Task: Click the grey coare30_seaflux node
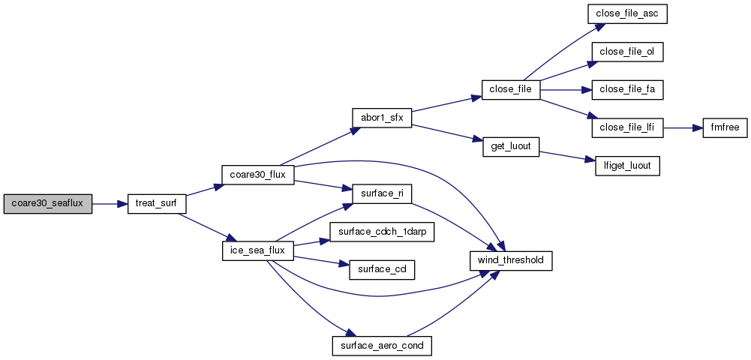coord(47,204)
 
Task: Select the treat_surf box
coord(156,204)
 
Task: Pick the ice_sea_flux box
coord(257,250)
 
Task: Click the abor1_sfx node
coord(382,118)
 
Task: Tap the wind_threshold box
coord(510,260)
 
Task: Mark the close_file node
coord(510,89)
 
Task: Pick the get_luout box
coord(510,146)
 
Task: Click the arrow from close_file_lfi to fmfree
coord(682,127)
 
